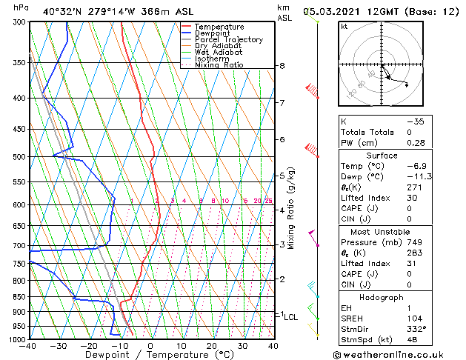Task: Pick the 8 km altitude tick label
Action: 282,66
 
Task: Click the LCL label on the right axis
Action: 291,316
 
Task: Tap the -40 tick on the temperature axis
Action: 28,346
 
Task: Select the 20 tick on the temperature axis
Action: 212,346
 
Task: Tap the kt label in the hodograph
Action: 344,27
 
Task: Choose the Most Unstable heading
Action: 382,232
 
